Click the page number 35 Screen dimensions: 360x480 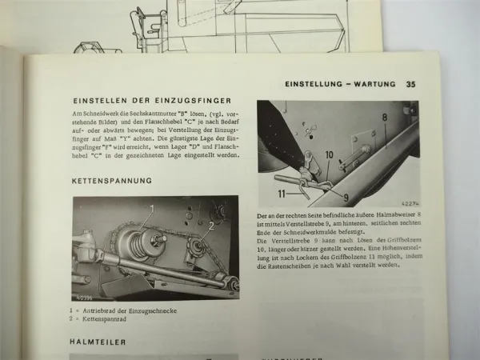pyautogui.click(x=410, y=84)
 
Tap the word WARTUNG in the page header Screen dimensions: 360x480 pyautogui.click(x=376, y=84)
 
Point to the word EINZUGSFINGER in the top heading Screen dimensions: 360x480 pyautogui.click(x=193, y=100)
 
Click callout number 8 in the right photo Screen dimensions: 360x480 pyautogui.click(x=384, y=117)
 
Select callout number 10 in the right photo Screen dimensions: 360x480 pyautogui.click(x=329, y=155)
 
